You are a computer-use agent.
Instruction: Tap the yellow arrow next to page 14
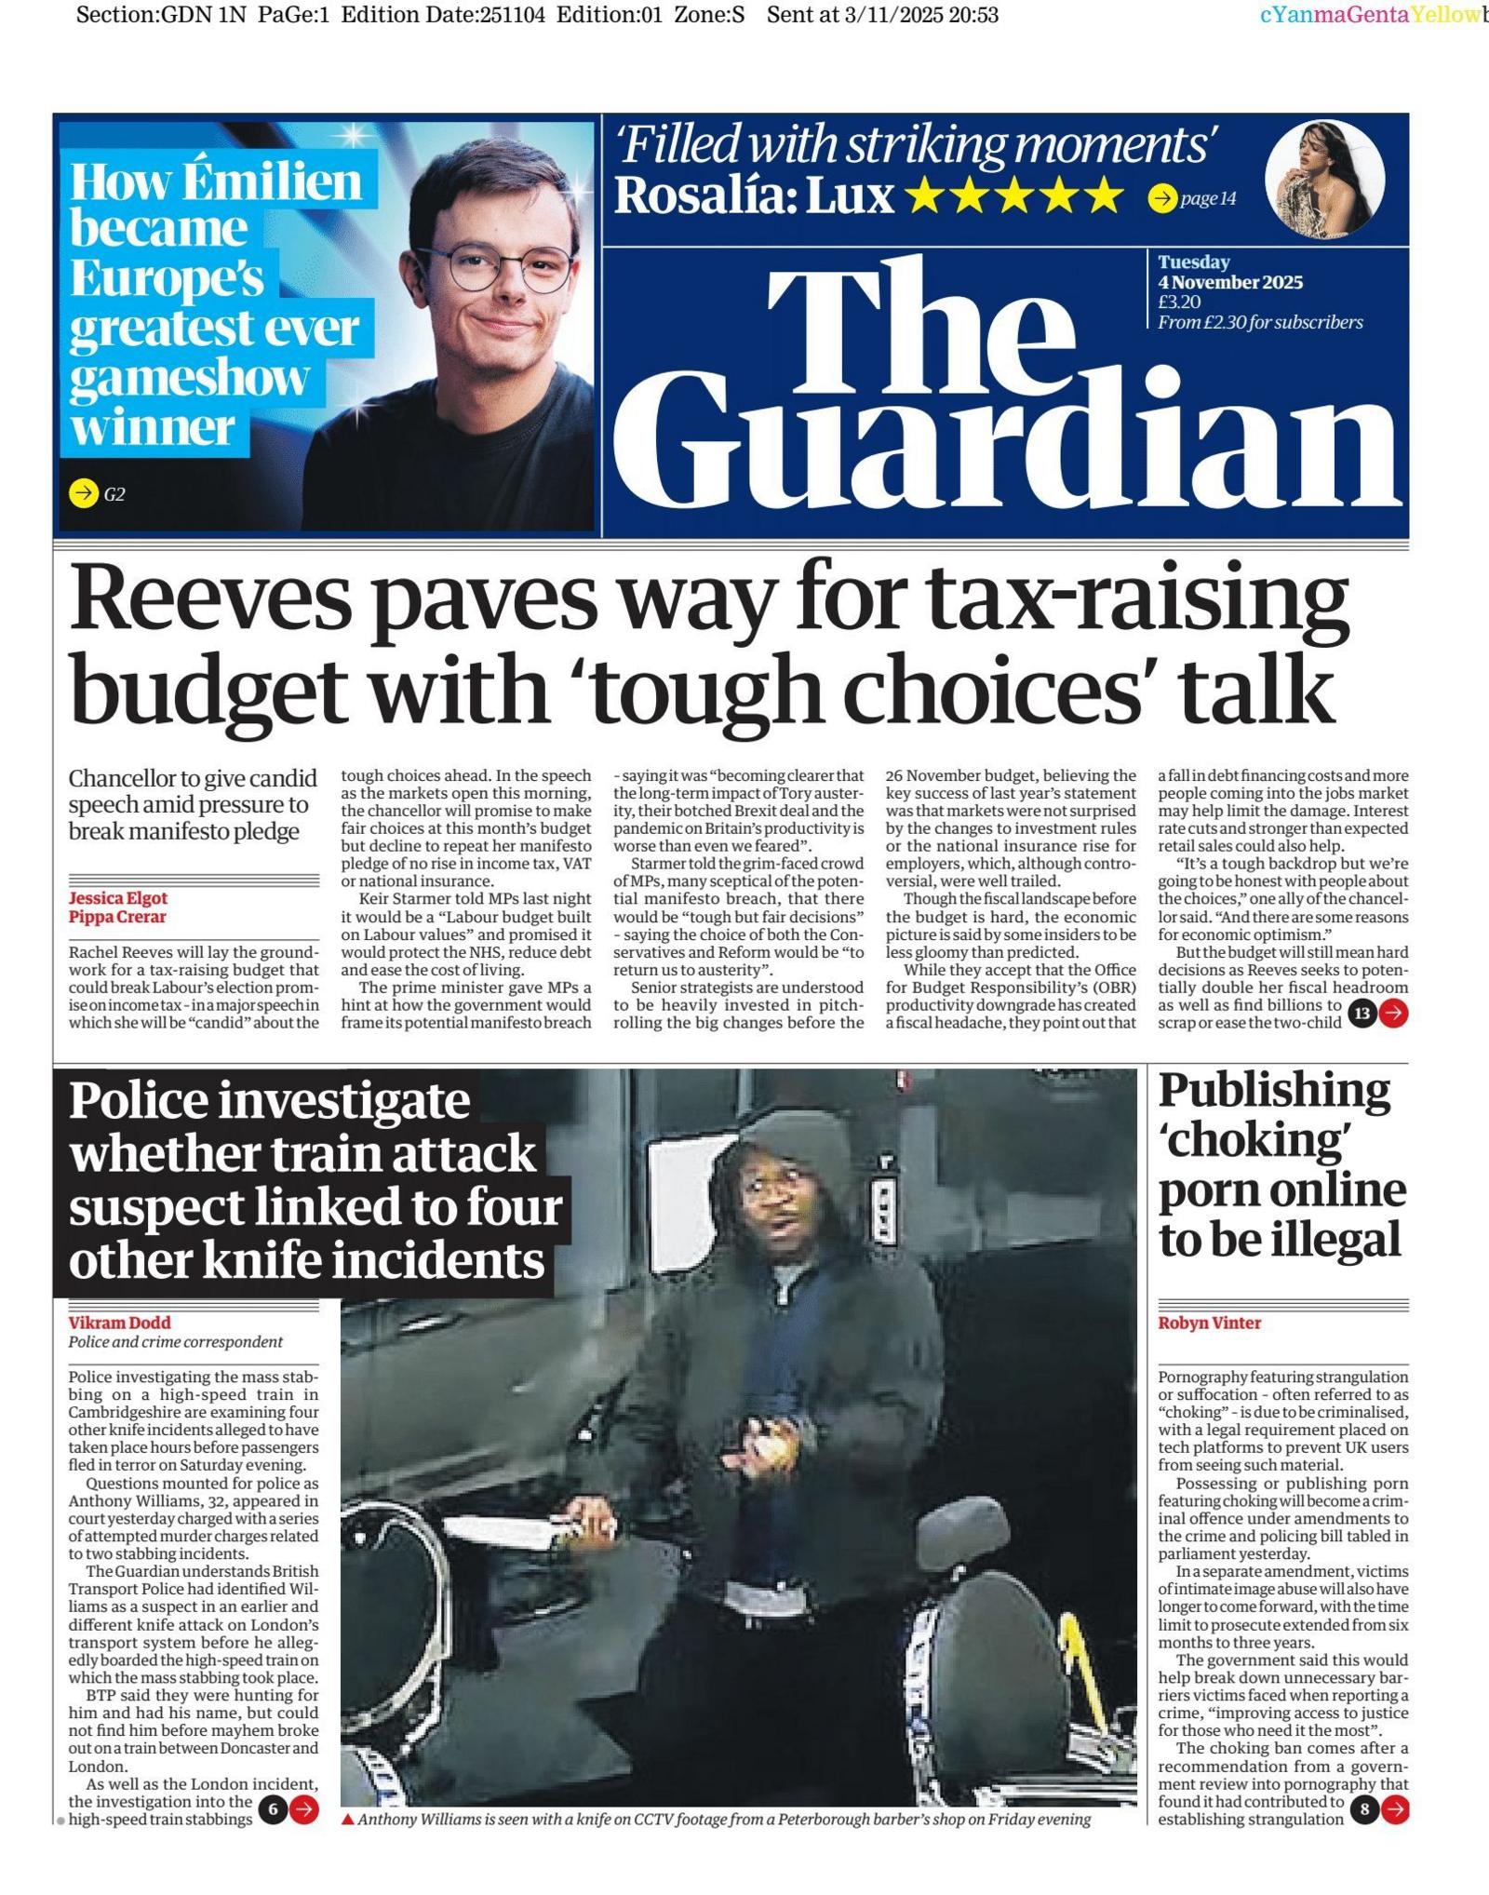coord(1161,198)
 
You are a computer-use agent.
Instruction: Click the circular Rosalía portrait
coord(1324,180)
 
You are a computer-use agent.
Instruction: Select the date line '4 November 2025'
coord(1229,282)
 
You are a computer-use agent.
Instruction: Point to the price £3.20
coord(1179,302)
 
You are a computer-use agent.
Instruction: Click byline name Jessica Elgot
coord(118,898)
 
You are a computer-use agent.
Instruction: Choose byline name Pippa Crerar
coord(117,917)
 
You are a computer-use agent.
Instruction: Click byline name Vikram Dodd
coord(119,1323)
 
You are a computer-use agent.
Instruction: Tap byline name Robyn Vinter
coord(1209,1323)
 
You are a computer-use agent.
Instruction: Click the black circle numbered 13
coord(1362,1014)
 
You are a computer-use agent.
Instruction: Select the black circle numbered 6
coord(273,1809)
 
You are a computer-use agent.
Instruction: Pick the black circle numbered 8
coord(1364,1809)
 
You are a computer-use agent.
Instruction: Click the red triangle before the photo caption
coord(348,1820)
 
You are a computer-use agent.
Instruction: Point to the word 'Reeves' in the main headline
coord(210,600)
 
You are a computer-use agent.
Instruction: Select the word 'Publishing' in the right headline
coord(1274,1091)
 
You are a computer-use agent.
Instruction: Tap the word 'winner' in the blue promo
coord(152,428)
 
